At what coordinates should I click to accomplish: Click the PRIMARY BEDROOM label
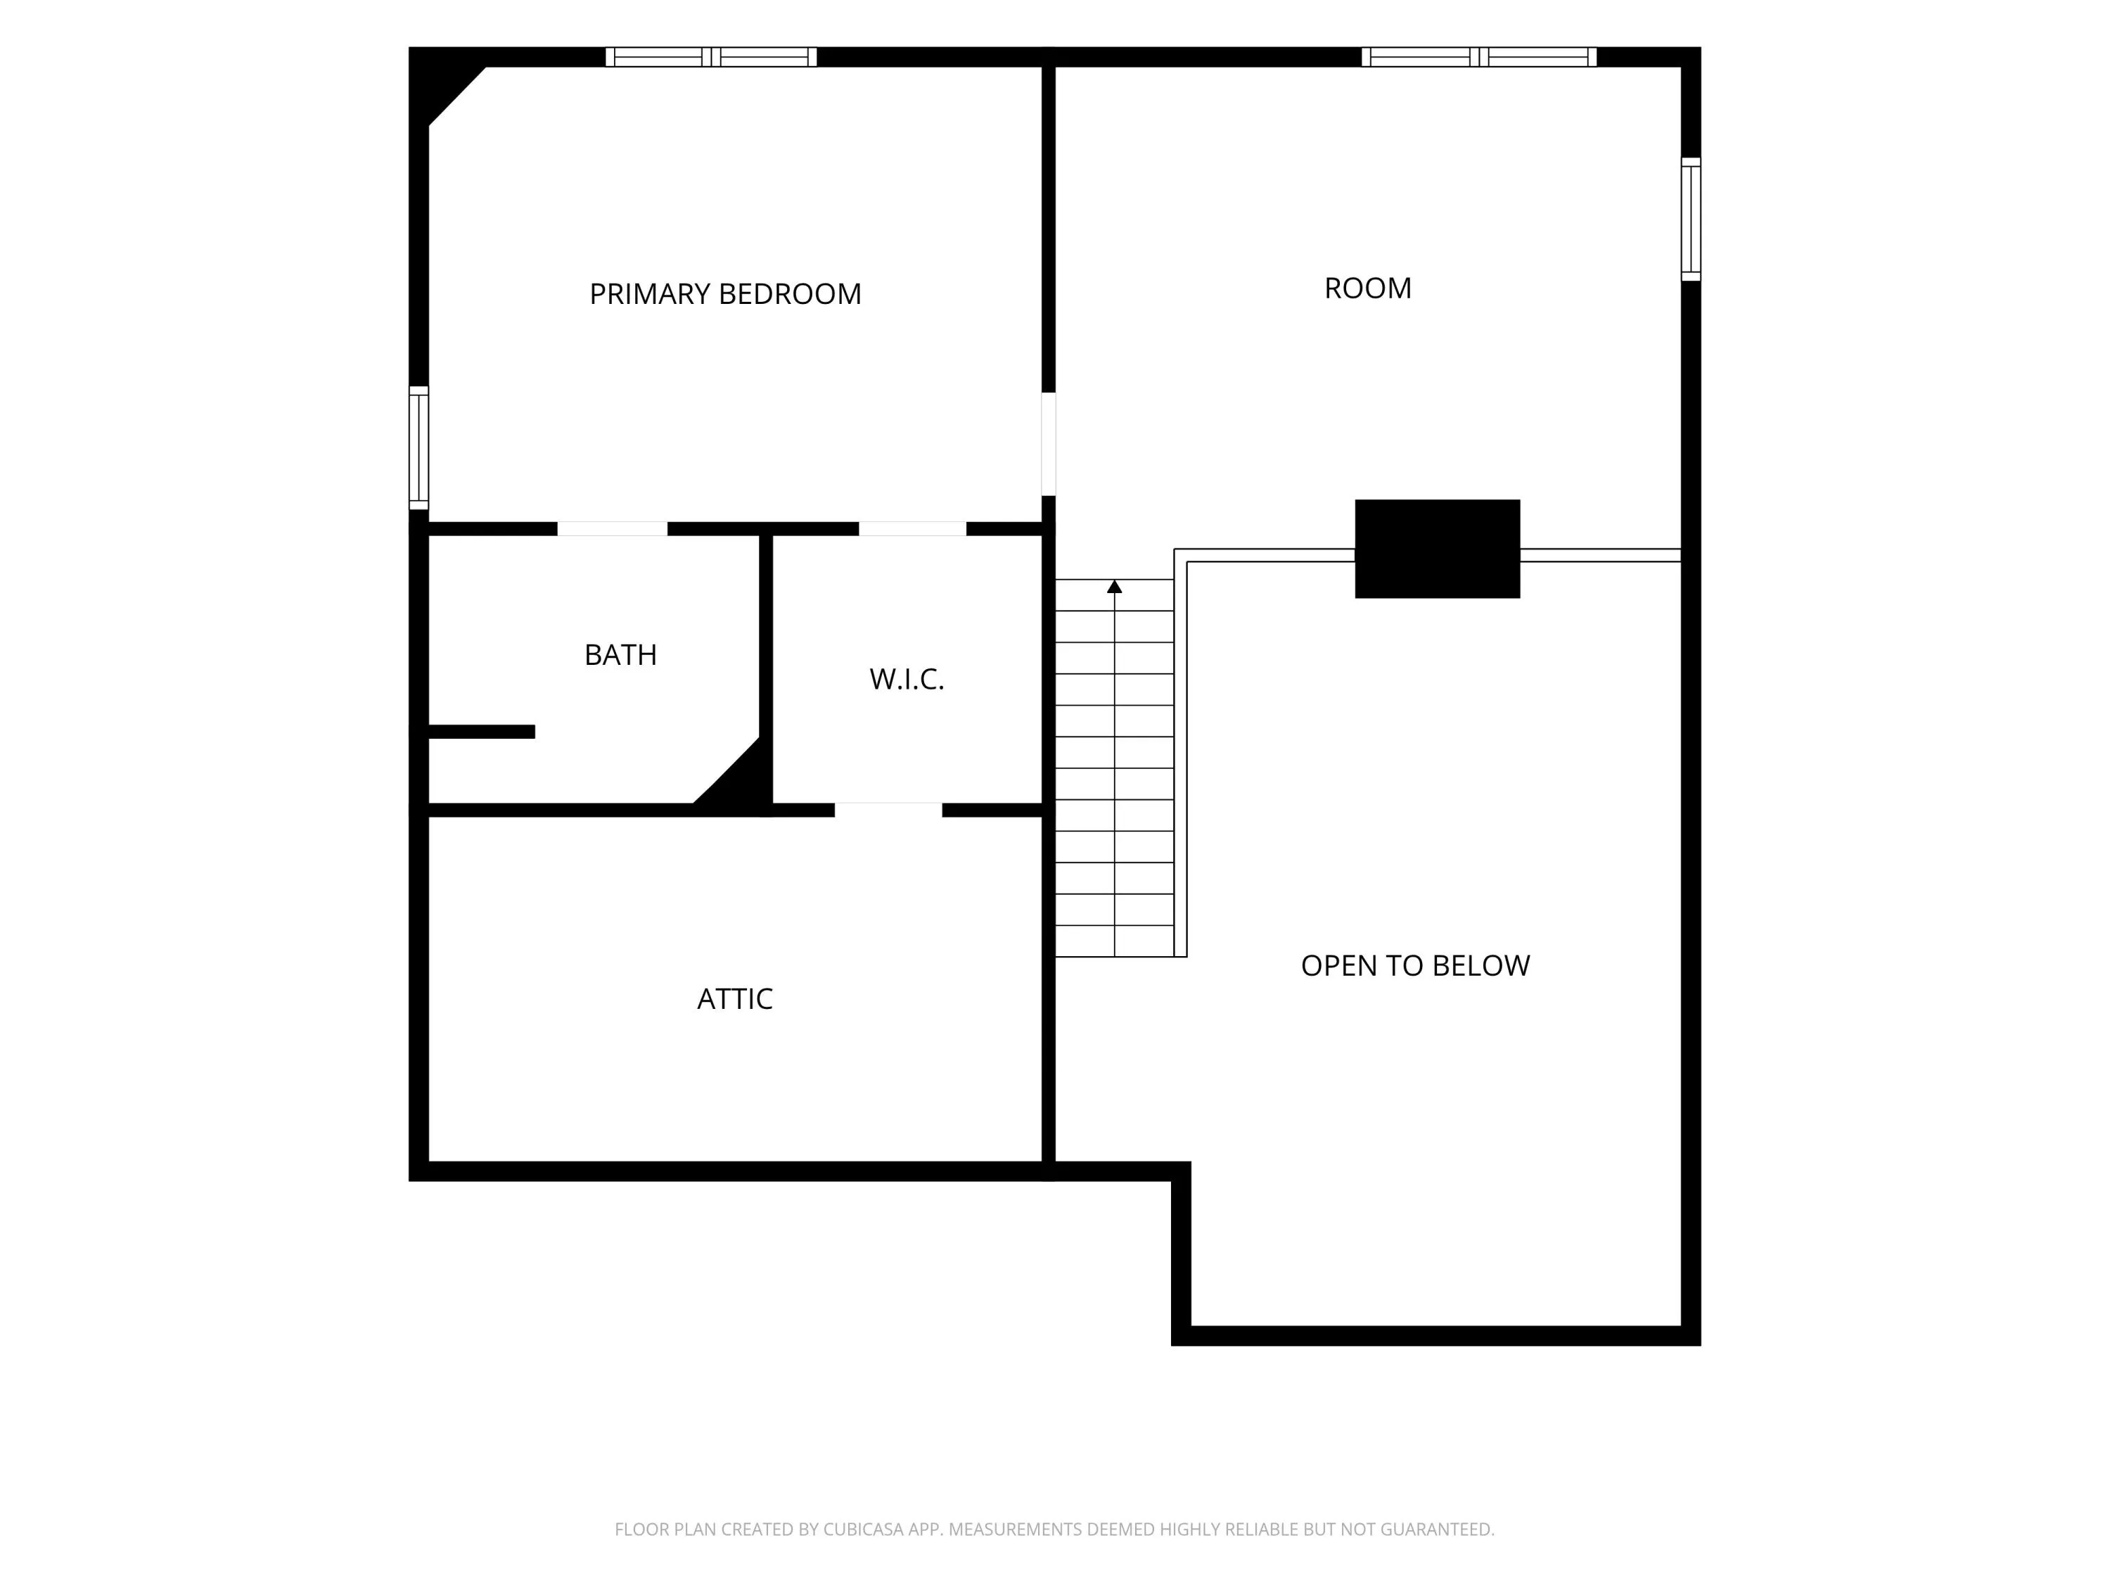pos(725,294)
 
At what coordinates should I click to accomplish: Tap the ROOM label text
pos(1368,288)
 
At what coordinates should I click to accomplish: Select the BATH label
pos(620,654)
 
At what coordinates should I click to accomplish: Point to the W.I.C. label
pos(906,680)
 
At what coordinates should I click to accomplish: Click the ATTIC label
pos(734,999)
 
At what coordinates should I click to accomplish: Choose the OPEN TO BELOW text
pos(1416,966)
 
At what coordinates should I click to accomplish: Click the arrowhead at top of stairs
pos(1114,587)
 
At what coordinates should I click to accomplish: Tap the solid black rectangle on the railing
pos(1438,549)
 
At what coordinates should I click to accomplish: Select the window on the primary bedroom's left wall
pos(418,447)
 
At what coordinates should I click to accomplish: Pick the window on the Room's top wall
pos(1478,57)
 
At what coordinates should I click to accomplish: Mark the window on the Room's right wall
pos(1690,220)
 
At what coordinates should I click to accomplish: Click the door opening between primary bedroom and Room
pos(1049,444)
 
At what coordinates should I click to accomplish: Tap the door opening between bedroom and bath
pos(613,528)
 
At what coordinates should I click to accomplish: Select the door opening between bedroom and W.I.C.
pos(913,528)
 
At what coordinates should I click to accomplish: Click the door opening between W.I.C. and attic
pos(888,810)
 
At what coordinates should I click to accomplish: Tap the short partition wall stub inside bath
pos(481,732)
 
